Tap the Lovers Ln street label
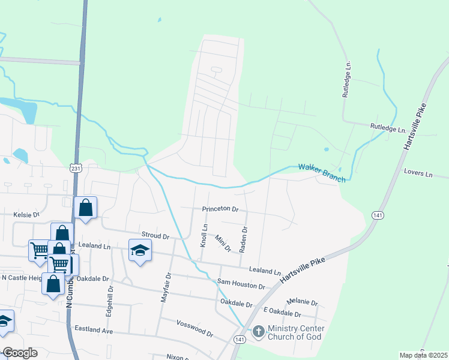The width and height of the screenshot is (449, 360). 418,173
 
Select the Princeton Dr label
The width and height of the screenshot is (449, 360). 220,209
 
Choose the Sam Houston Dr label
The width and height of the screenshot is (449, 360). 241,283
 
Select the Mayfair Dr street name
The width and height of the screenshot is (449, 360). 167,287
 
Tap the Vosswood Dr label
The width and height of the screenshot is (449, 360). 194,328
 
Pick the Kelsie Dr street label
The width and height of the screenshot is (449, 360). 26,214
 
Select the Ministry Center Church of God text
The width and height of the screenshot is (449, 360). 296,332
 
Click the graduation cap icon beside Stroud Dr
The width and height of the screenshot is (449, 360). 140,250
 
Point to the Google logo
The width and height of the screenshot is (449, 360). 20,353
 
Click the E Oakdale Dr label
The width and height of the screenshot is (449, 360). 282,313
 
